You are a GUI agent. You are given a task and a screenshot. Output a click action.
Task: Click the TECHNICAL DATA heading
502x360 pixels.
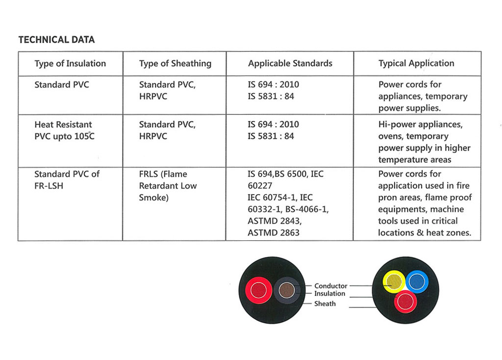[56, 40]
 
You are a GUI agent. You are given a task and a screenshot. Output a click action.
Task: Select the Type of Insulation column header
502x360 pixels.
[70, 63]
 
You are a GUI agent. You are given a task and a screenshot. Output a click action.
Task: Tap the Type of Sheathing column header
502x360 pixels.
[175, 63]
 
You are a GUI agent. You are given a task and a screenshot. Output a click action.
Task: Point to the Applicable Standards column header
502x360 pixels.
[290, 63]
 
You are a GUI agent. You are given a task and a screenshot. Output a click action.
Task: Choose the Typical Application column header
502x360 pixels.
[416, 63]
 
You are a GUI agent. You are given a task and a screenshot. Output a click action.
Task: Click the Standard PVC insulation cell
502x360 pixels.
[62, 85]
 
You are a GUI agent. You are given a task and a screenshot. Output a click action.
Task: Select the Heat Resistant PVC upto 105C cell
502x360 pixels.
[64, 130]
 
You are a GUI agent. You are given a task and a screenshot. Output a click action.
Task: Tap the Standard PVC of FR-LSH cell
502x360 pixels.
[67, 180]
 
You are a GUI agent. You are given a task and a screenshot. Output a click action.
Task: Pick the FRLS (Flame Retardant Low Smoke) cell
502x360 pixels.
[168, 186]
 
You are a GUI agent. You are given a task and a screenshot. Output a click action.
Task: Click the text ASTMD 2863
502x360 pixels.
[274, 233]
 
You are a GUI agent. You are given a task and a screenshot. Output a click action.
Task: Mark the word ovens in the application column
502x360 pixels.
[390, 136]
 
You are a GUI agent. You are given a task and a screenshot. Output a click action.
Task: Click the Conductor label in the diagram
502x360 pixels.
[330, 285]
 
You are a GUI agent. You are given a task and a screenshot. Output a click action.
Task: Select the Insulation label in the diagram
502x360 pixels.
[329, 294]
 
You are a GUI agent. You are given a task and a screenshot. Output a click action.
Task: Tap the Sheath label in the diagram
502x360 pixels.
[325, 304]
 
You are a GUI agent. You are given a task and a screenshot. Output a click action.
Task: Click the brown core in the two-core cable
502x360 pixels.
[286, 290]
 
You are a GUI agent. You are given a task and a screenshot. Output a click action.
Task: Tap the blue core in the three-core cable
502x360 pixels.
[417, 281]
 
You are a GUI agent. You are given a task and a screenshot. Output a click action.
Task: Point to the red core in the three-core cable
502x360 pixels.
[405, 302]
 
